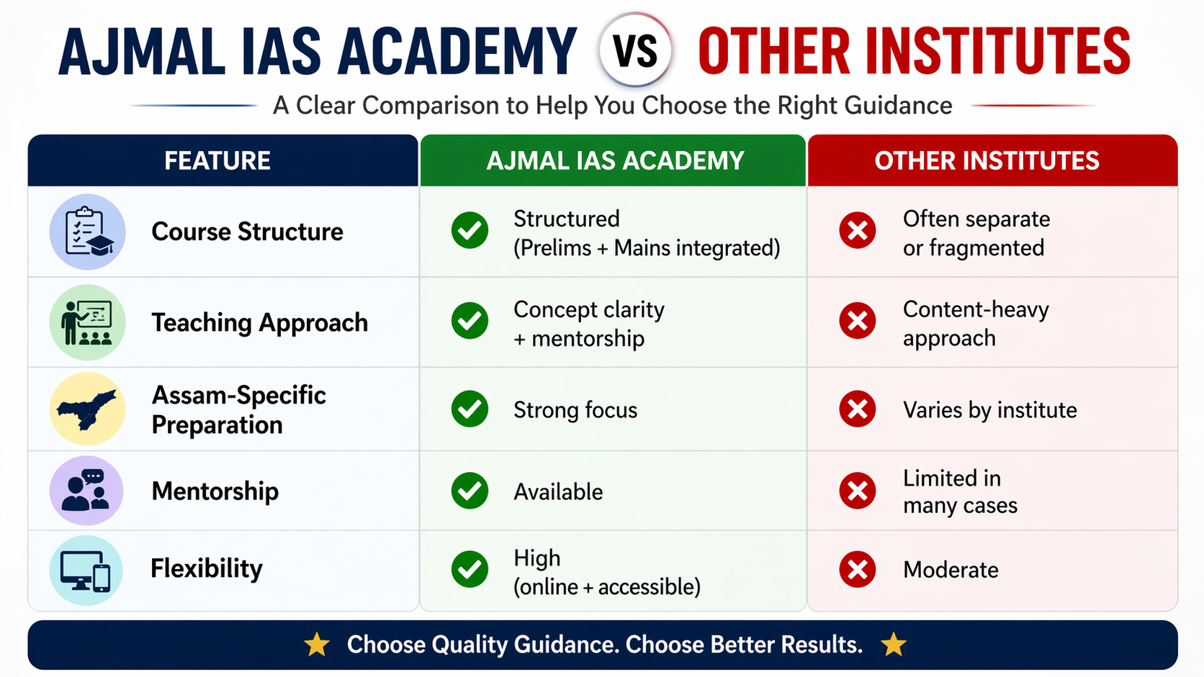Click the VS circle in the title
(635, 50)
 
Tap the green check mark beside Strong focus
(470, 409)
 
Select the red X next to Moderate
(857, 570)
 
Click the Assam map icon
(87, 409)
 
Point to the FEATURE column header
(217, 160)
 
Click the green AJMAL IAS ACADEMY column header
(615, 160)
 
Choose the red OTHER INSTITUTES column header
(987, 160)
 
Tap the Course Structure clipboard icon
(87, 232)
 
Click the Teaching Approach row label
(259, 322)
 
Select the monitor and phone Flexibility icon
(87, 570)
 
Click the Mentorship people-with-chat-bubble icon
(87, 491)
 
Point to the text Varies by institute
(989, 410)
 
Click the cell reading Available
(558, 492)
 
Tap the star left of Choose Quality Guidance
(317, 645)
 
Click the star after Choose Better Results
(894, 645)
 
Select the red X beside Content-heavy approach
(857, 320)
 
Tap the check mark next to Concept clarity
(470, 320)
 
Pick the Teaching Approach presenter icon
(87, 322)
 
